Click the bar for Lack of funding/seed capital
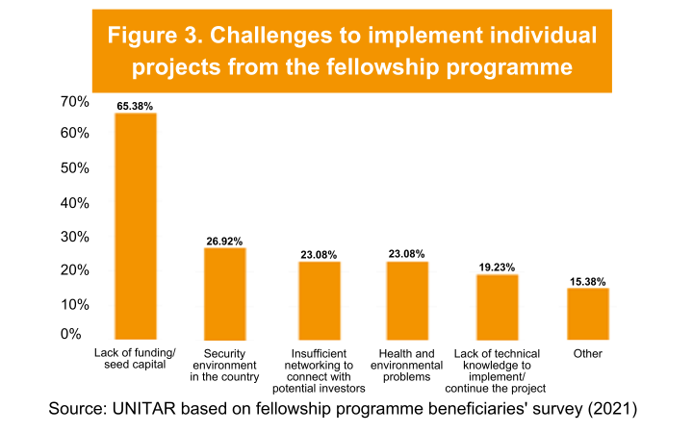[136, 226]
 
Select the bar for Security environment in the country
[225, 293]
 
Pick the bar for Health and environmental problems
[407, 300]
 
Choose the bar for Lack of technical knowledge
[498, 307]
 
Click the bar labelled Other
[587, 314]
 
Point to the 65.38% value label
[136, 105]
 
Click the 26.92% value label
[225, 240]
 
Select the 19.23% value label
[498, 267]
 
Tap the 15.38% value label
[587, 281]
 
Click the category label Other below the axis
[587, 353]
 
